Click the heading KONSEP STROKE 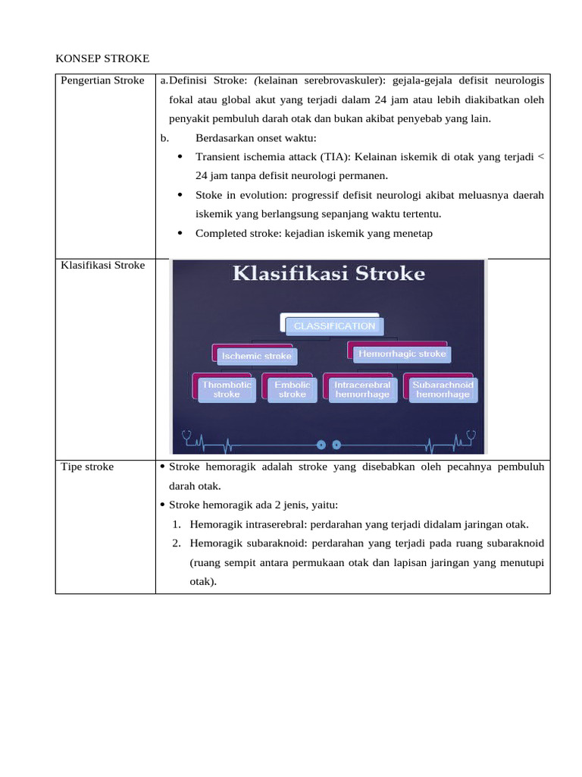tap(103, 58)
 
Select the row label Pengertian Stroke tap(102, 80)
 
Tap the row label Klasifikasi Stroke tap(102, 265)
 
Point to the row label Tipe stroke tap(87, 466)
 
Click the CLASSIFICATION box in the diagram tap(333, 326)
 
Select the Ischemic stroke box tap(255, 355)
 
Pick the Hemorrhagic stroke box tap(402, 354)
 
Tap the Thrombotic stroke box tap(227, 389)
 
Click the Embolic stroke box tap(292, 389)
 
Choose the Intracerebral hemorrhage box tap(362, 389)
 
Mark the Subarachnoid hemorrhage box tap(443, 389)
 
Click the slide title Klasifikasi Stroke tap(328, 274)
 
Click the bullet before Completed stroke tap(180, 233)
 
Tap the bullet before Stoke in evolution tap(180, 194)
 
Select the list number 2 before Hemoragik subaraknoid tap(176, 543)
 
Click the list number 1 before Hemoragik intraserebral tap(176, 524)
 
